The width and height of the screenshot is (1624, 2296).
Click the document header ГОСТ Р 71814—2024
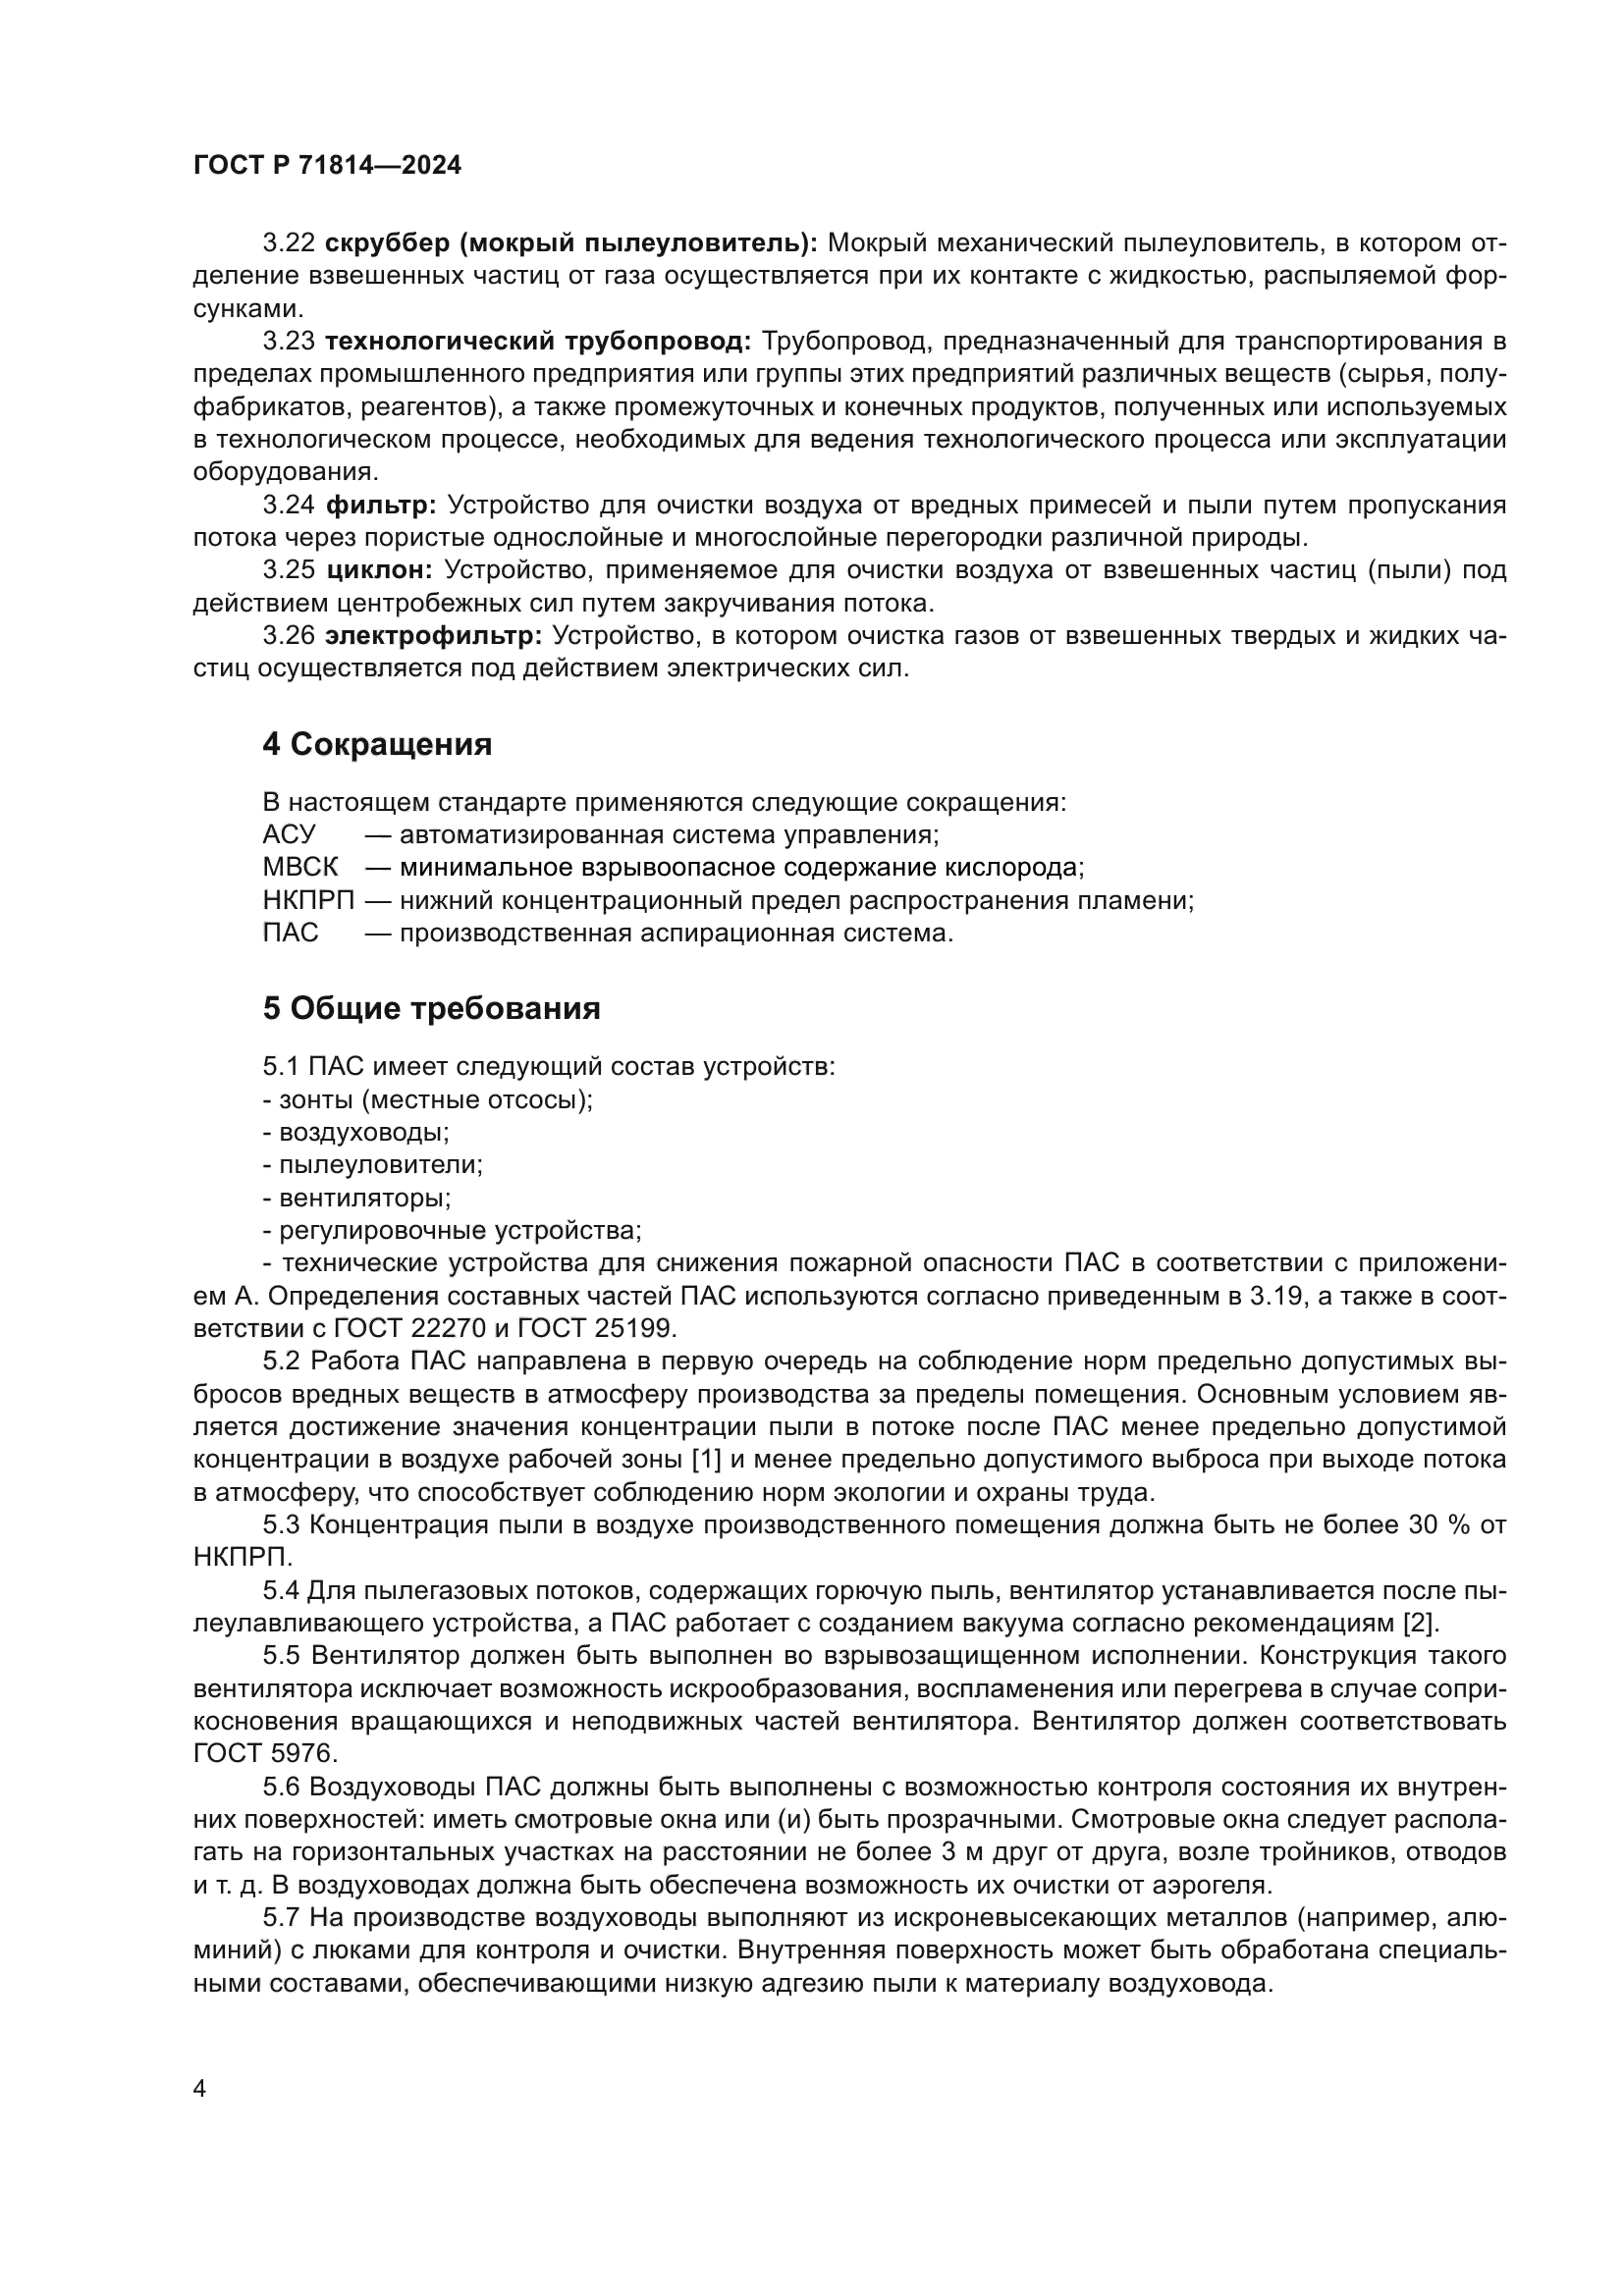tap(327, 166)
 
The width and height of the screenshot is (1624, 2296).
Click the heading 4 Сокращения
tap(377, 745)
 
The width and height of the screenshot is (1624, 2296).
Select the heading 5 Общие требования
tap(431, 1009)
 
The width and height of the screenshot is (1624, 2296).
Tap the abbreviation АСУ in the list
tap(289, 834)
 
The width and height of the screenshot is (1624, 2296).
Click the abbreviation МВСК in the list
tap(300, 867)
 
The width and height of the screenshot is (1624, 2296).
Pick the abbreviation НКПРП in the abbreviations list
tap(309, 900)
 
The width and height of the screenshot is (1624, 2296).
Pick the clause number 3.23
tap(289, 342)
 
